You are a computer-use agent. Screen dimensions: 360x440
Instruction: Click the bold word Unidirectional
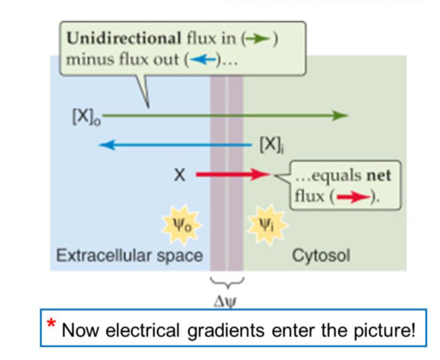pyautogui.click(x=123, y=39)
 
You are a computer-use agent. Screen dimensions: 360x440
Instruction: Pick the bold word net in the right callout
pyautogui.click(x=379, y=175)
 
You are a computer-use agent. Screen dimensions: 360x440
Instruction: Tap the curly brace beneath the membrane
pyautogui.click(x=227, y=284)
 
